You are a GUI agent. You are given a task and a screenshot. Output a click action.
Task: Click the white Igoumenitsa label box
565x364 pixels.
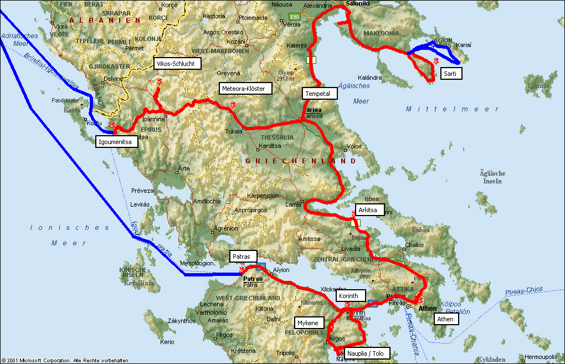point(116,142)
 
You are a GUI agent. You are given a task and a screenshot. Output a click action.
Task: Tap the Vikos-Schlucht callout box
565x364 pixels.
point(176,64)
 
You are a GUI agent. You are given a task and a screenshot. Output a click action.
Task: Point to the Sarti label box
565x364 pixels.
point(451,73)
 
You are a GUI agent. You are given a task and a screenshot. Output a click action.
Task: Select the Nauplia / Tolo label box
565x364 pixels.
point(367,353)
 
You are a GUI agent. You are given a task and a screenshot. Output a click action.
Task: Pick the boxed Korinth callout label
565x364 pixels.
point(351,296)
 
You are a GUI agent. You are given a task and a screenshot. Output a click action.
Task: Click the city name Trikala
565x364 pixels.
point(234,131)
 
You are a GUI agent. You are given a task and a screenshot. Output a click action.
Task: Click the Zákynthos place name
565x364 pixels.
point(167,320)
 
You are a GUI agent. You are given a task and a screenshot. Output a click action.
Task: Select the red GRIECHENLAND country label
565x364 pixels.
point(301,161)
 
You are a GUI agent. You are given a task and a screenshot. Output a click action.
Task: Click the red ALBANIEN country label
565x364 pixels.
point(105,20)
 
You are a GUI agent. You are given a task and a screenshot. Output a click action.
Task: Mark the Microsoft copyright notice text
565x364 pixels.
point(65,360)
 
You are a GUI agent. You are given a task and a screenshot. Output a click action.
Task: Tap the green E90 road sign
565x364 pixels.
point(295,17)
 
